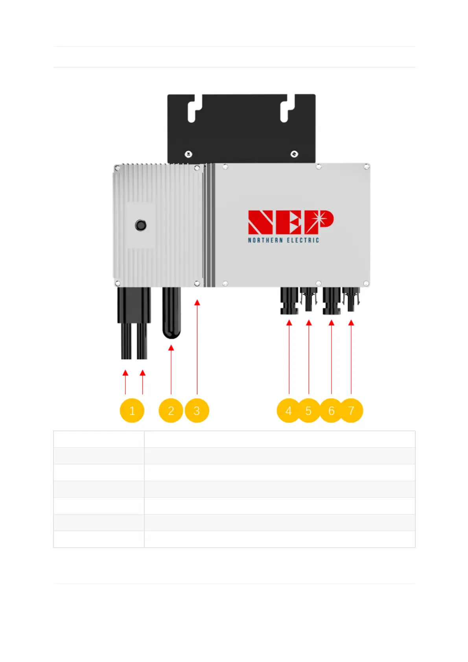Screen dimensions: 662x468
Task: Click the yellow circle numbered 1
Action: (x=132, y=411)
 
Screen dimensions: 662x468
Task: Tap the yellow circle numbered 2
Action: (x=171, y=411)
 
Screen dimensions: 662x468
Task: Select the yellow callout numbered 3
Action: (x=197, y=411)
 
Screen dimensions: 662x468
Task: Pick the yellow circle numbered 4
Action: (x=289, y=411)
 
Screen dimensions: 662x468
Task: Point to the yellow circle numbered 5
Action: (x=309, y=411)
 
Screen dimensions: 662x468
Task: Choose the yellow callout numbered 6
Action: (x=331, y=411)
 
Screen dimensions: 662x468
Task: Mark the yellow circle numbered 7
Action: (x=351, y=411)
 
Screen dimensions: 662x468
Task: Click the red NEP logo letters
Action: (x=291, y=222)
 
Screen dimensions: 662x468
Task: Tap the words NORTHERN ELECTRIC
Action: (x=283, y=240)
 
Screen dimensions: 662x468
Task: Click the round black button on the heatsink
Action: (x=140, y=225)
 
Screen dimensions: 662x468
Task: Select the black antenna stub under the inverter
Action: (x=171, y=313)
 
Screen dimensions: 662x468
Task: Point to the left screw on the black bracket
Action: (x=188, y=154)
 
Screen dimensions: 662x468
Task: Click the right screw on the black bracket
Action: (x=294, y=154)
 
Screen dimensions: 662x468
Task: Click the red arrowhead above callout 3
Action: (x=197, y=302)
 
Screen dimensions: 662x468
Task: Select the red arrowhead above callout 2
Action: (x=171, y=348)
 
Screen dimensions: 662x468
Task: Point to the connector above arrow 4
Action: (x=289, y=301)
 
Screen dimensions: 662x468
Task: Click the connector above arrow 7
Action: (x=351, y=299)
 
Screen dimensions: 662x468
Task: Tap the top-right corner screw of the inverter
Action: (x=366, y=167)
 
